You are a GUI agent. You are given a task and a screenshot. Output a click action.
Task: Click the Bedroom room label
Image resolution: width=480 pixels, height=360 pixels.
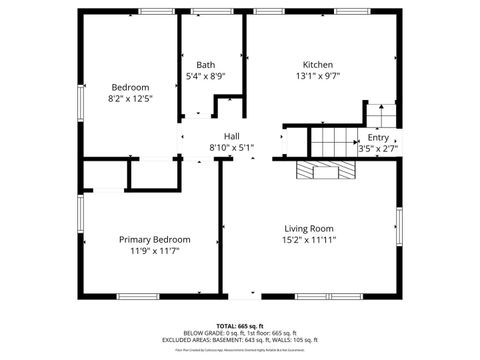130,87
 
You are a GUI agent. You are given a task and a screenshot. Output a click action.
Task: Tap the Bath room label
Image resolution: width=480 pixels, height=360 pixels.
205,64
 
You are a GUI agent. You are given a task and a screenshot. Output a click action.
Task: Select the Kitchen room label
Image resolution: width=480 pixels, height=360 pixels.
318,64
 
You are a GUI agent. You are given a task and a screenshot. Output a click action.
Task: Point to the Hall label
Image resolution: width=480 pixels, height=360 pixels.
231,136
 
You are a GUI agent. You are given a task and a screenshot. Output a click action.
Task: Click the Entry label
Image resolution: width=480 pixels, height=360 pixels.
378,137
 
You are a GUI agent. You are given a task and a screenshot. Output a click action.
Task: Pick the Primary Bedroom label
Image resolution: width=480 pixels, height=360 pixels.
154,239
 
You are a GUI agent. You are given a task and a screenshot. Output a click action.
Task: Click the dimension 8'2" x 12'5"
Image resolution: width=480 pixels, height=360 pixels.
130,98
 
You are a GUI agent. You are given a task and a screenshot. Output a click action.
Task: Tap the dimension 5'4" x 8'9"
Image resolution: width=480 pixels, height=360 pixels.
205,76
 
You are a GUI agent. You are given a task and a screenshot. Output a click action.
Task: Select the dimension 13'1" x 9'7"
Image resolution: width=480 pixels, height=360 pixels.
318,76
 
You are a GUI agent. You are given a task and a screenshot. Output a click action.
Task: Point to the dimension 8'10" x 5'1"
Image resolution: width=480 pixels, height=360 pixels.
231,148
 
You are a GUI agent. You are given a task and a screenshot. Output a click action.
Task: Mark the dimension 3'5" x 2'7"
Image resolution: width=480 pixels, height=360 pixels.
378,148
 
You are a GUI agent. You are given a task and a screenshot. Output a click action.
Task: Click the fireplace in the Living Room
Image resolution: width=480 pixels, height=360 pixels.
325,170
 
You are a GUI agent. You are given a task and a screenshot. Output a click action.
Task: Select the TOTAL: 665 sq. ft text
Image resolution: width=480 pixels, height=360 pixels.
240,326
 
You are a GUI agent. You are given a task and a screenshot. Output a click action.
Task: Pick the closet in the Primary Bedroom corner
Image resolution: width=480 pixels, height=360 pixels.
103,175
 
